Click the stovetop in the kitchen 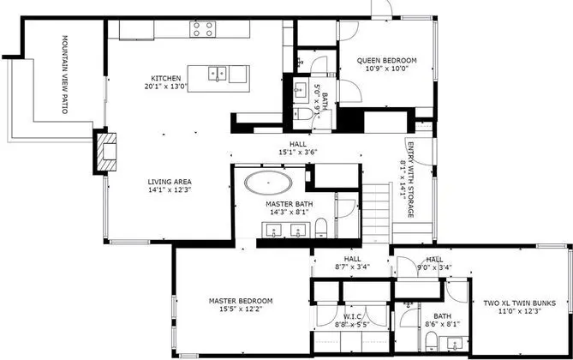(x=202, y=29)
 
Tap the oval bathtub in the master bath (x=269, y=183)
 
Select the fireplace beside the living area (x=106, y=151)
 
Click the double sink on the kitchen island (x=217, y=73)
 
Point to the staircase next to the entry (x=376, y=213)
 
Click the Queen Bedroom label (x=386, y=60)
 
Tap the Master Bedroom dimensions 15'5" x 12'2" (x=241, y=309)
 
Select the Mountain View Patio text (x=65, y=75)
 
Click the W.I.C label (x=352, y=316)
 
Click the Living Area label (x=170, y=182)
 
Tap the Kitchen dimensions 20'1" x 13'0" (x=165, y=87)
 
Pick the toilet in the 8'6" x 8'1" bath (x=431, y=340)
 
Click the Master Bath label (x=289, y=204)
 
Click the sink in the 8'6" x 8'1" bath (x=455, y=344)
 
